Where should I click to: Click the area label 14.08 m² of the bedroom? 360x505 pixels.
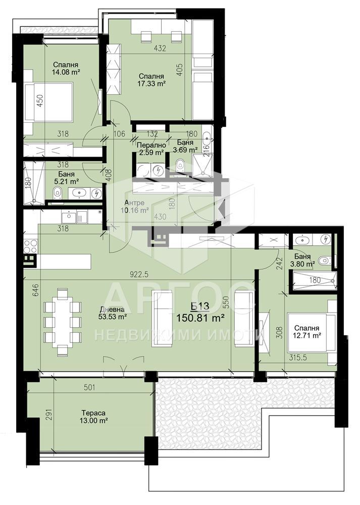[66, 72]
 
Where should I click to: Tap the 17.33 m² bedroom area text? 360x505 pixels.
[151, 84]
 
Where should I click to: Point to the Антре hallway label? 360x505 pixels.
[134, 203]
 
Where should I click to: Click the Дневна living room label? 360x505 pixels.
[112, 310]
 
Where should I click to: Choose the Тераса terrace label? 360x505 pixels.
[93, 413]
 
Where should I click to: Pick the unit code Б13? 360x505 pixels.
[199, 307]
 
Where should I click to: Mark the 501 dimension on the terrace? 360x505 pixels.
[89, 387]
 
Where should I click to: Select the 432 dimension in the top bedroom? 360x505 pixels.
[160, 48]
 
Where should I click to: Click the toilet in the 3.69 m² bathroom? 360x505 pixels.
[180, 166]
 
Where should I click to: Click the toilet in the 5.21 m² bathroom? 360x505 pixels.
[58, 193]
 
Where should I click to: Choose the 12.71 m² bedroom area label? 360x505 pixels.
[306, 332]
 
